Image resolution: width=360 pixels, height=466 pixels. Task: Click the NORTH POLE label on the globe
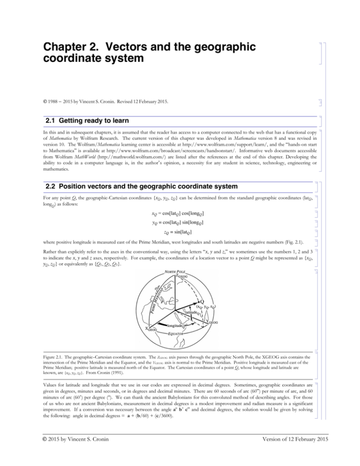point(175,272)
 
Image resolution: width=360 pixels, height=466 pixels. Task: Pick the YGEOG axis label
point(211,323)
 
